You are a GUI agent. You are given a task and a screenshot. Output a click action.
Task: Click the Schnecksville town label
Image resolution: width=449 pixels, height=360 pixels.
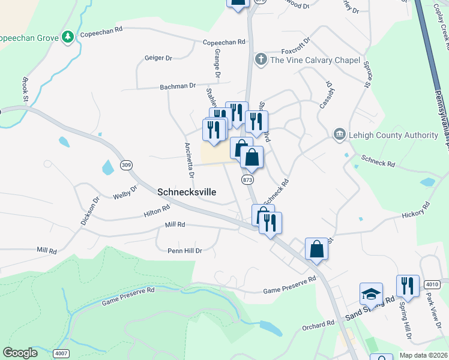186,192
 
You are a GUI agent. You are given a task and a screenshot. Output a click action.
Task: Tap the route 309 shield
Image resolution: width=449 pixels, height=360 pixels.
125,165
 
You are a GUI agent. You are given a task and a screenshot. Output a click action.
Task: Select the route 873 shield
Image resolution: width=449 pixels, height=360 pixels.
248,179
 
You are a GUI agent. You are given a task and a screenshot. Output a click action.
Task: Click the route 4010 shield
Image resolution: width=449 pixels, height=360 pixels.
432,284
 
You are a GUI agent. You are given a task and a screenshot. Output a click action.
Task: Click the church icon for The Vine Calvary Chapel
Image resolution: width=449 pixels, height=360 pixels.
261,59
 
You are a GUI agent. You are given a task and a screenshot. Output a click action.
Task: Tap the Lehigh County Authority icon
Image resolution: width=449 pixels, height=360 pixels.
339,135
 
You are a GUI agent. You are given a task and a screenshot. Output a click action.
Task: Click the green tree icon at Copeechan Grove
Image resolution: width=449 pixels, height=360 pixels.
68,38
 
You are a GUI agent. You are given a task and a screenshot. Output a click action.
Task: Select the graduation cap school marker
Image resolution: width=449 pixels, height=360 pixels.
371,294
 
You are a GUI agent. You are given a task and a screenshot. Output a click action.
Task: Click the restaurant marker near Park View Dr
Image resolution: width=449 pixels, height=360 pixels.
408,286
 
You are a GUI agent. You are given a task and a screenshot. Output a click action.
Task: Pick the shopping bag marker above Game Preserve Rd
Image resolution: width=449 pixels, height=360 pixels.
316,249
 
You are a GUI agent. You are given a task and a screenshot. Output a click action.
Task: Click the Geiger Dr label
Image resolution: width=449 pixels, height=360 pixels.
158,58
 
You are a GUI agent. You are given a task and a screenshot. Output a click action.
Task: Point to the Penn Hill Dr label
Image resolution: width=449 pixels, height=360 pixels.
185,250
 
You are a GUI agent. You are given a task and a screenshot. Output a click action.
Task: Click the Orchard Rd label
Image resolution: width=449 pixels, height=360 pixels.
318,325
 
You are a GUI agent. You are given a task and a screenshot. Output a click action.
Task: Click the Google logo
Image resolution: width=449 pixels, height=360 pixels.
20,353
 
